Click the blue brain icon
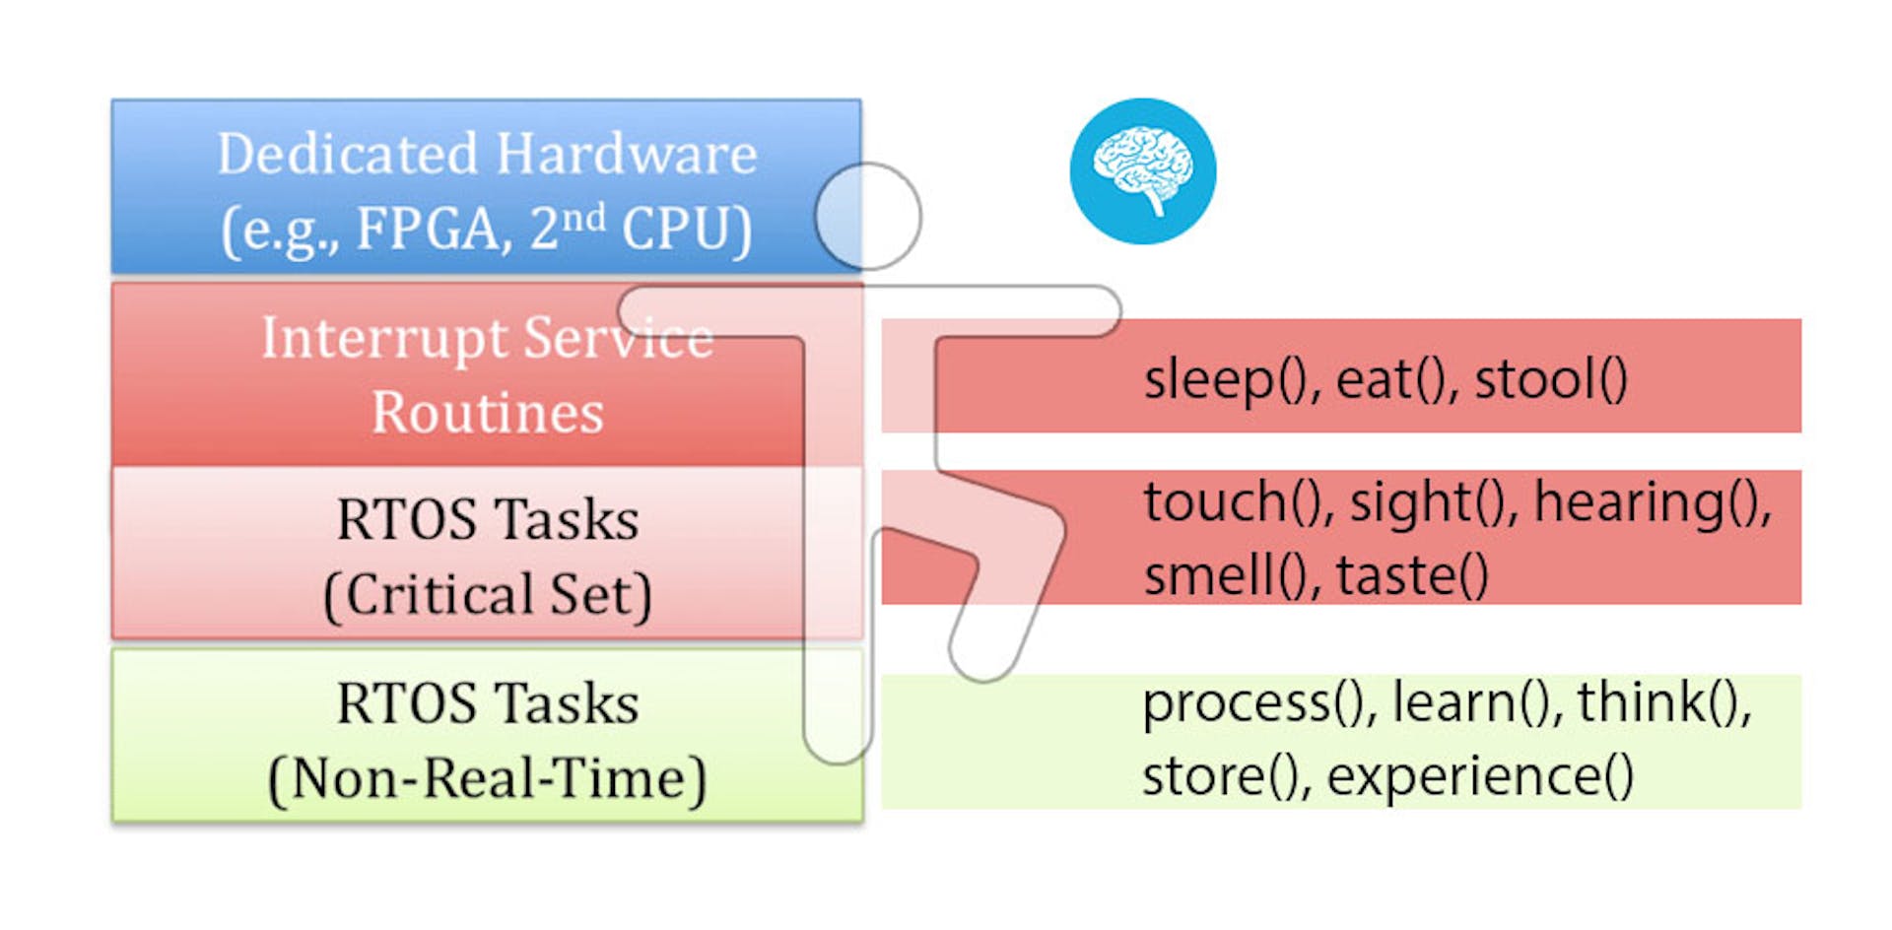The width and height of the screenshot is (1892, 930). (1143, 170)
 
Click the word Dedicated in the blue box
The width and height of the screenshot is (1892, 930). (348, 154)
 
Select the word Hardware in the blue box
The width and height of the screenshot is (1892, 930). (627, 154)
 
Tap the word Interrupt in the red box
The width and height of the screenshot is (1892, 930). (384, 339)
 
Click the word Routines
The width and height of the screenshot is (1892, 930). (488, 412)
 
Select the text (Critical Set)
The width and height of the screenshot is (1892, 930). (488, 595)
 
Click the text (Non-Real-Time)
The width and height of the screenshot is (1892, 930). (488, 778)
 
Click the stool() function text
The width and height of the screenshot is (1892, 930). (1551, 380)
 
